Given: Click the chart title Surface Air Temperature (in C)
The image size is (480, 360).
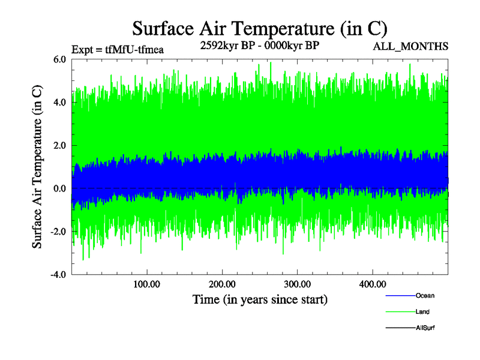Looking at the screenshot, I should pos(259,29).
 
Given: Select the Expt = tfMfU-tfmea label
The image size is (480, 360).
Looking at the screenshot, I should pos(118,50).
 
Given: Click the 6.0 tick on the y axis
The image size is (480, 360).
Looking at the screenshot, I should pos(59,59).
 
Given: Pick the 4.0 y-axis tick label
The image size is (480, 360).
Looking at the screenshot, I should pos(59,103).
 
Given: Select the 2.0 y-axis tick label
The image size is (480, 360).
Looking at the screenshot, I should pos(59,146).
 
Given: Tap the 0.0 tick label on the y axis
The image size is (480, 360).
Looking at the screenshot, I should pos(59,189).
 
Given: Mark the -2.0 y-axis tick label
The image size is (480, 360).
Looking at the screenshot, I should pos(58,232).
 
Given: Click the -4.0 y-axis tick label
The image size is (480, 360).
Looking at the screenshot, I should pos(58,275).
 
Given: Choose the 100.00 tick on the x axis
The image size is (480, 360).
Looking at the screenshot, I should pos(146,284).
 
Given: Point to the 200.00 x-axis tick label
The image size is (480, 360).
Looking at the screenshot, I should pos(222,284).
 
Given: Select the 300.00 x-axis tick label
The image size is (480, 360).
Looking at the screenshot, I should pos(297,284).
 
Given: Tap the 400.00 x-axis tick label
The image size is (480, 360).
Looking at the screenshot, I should pos(372,284).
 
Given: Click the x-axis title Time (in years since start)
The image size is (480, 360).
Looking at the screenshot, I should pos(260,299).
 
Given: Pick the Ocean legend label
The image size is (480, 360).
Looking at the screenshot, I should pos(425,296).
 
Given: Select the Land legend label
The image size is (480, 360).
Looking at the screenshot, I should pos(422,312).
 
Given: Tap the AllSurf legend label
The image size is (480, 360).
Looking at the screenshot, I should pos(425,328).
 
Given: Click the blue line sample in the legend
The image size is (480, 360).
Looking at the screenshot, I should pos(400,296).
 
